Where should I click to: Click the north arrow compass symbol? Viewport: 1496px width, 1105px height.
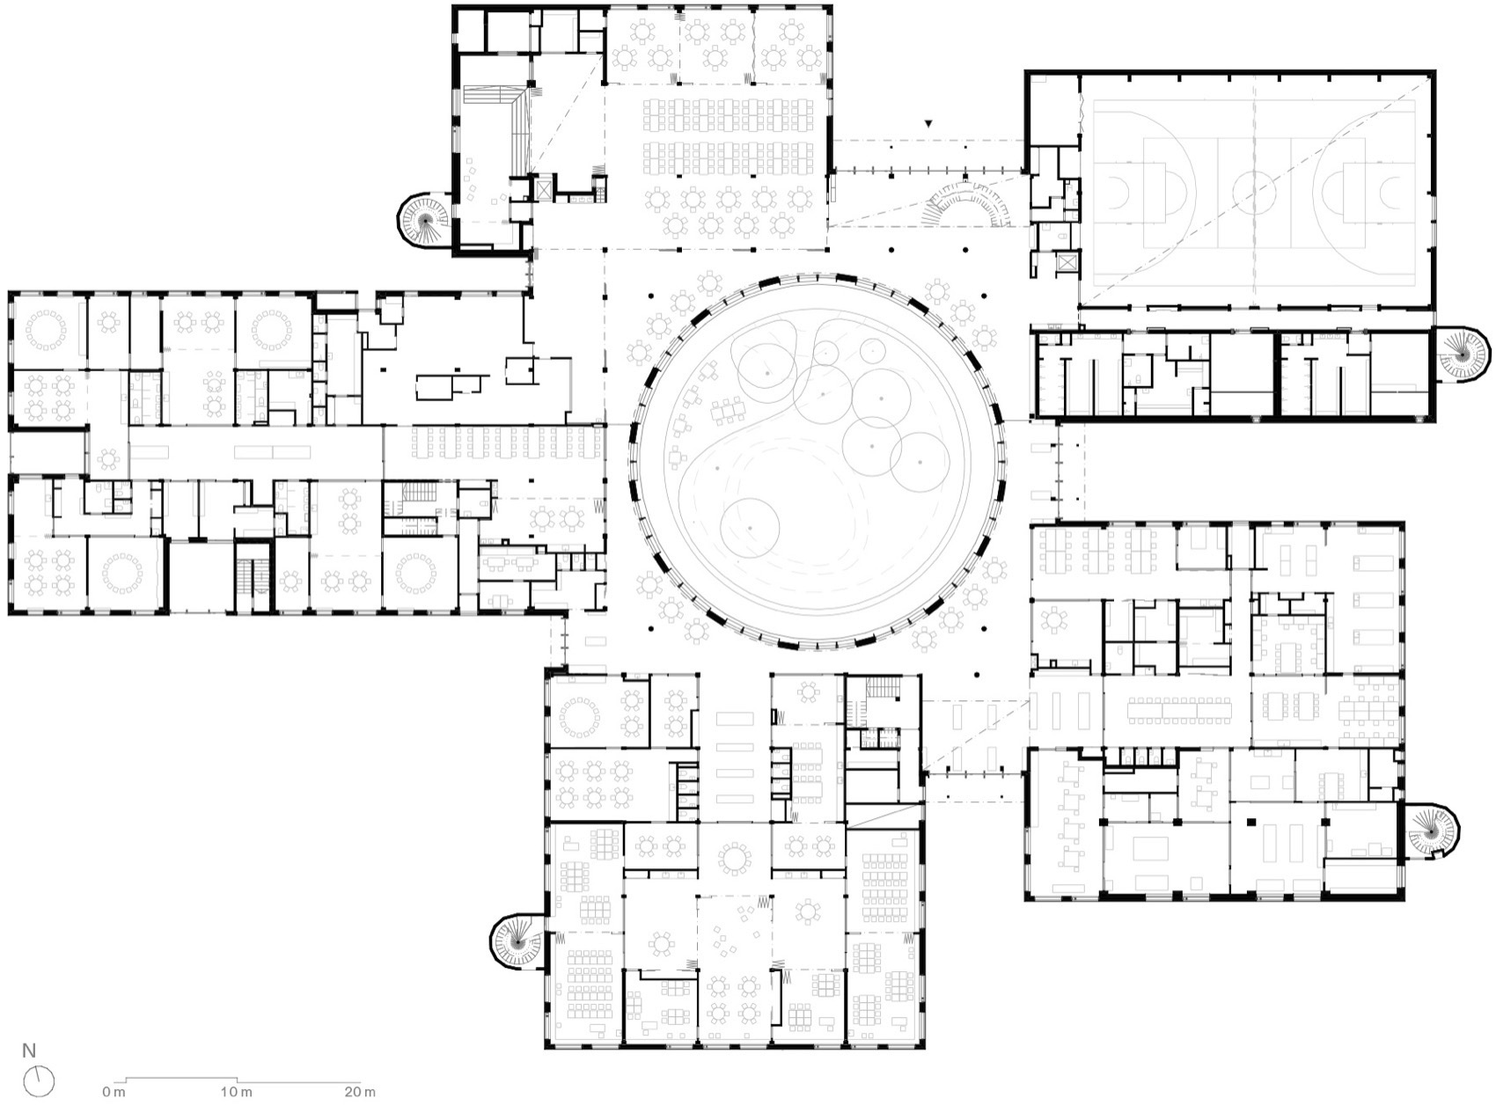(x=40, y=1080)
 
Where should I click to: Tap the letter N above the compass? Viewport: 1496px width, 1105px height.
(x=30, y=1050)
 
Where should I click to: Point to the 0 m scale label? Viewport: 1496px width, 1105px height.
(x=114, y=1092)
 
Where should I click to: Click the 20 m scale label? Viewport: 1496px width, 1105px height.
(x=357, y=1092)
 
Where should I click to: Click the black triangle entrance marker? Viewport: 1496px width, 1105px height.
(x=928, y=125)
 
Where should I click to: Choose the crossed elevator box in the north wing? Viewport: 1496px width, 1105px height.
(x=543, y=188)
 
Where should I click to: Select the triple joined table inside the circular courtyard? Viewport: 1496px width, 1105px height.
(x=728, y=409)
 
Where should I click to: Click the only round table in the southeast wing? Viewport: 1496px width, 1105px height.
(x=1054, y=621)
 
